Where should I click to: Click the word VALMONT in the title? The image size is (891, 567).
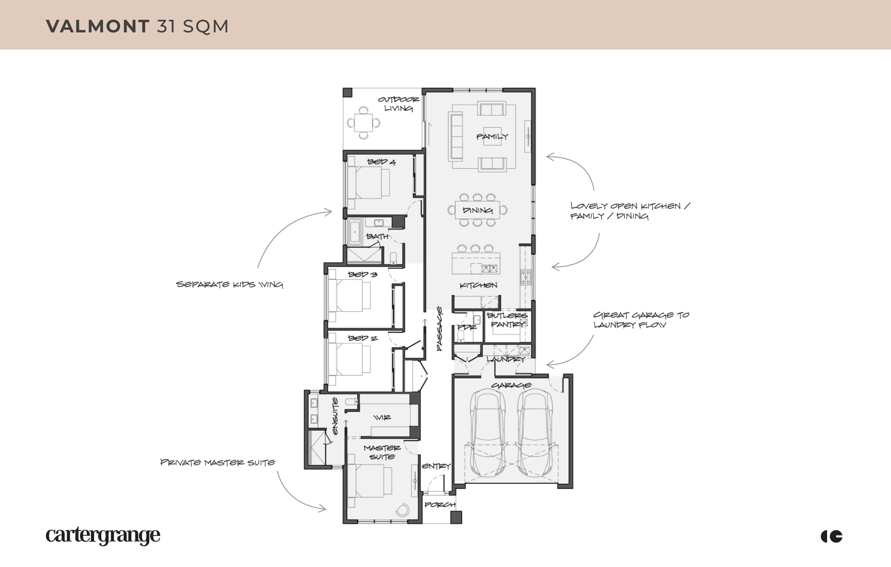[98, 26]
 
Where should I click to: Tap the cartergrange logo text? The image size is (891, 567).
[103, 535]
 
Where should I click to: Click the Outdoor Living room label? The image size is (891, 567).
[398, 103]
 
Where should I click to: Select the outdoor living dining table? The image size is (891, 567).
[363, 122]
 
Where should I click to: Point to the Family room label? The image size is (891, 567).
[492, 136]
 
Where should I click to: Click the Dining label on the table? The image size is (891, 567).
[477, 210]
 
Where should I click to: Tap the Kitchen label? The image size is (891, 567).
[478, 285]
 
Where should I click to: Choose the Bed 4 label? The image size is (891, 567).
[381, 162]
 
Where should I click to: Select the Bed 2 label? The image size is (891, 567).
[362, 338]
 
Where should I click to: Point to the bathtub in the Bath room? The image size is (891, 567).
[355, 232]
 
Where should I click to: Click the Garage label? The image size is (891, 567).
[511, 385]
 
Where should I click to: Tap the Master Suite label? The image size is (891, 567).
[382, 452]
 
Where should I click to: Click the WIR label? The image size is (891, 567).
[382, 418]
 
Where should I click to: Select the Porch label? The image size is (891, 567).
[440, 504]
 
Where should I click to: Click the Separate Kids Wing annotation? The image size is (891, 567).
[229, 284]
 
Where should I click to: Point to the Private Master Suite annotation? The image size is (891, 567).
[218, 462]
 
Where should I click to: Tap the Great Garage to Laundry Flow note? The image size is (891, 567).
[641, 319]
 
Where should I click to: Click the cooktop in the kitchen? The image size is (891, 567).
[526, 277]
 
